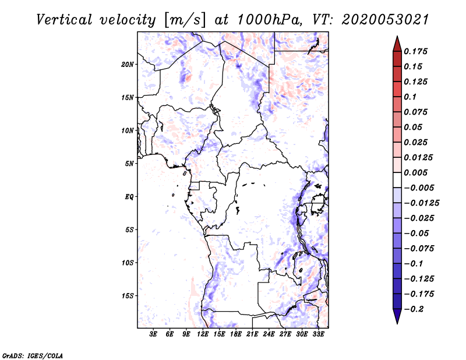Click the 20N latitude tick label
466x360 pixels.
pos(128,64)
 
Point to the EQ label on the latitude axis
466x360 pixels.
pos(129,196)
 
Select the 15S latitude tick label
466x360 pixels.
pos(128,295)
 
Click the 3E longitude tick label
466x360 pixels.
pos(154,335)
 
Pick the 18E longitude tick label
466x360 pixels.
pos(236,335)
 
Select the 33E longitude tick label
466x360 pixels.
pos(318,335)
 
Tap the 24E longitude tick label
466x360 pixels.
pos(269,335)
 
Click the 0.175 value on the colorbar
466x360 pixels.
pos(416,51)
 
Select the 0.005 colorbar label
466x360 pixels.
pos(416,172)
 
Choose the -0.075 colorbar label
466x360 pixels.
pos(418,248)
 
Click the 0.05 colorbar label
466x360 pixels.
pos(414,127)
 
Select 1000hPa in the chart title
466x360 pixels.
pos(268,19)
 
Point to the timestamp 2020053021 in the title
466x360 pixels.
pos(385,19)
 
